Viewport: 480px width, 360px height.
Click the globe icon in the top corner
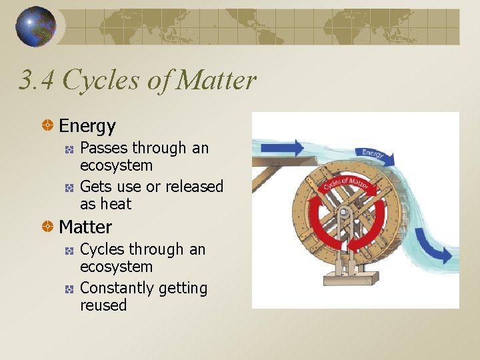pyautogui.click(x=35, y=27)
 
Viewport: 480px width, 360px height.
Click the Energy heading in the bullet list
pyautogui.click(x=87, y=125)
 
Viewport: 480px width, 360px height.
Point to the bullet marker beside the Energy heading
pyautogui.click(x=48, y=125)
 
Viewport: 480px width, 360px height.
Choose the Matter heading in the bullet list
pyautogui.click(x=85, y=227)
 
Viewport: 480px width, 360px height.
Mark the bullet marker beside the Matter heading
pyautogui.click(x=48, y=227)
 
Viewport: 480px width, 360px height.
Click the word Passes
pyautogui.click(x=103, y=148)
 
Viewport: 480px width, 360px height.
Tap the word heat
pyautogui.click(x=116, y=204)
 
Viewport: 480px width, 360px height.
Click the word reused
pyautogui.click(x=103, y=305)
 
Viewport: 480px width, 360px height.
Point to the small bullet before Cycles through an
pyautogui.click(x=69, y=250)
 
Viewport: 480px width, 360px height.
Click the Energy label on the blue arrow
pyautogui.click(x=373, y=153)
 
